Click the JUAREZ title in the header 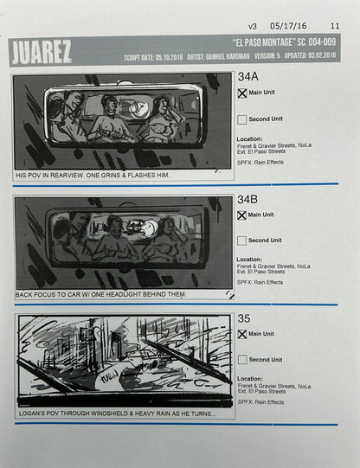point(41,51)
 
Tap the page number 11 point(335,26)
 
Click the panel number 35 point(244,319)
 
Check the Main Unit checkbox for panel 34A point(242,94)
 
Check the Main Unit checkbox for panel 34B point(242,215)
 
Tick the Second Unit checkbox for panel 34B point(242,240)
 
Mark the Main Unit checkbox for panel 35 point(242,334)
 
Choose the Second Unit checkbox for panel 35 point(242,359)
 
